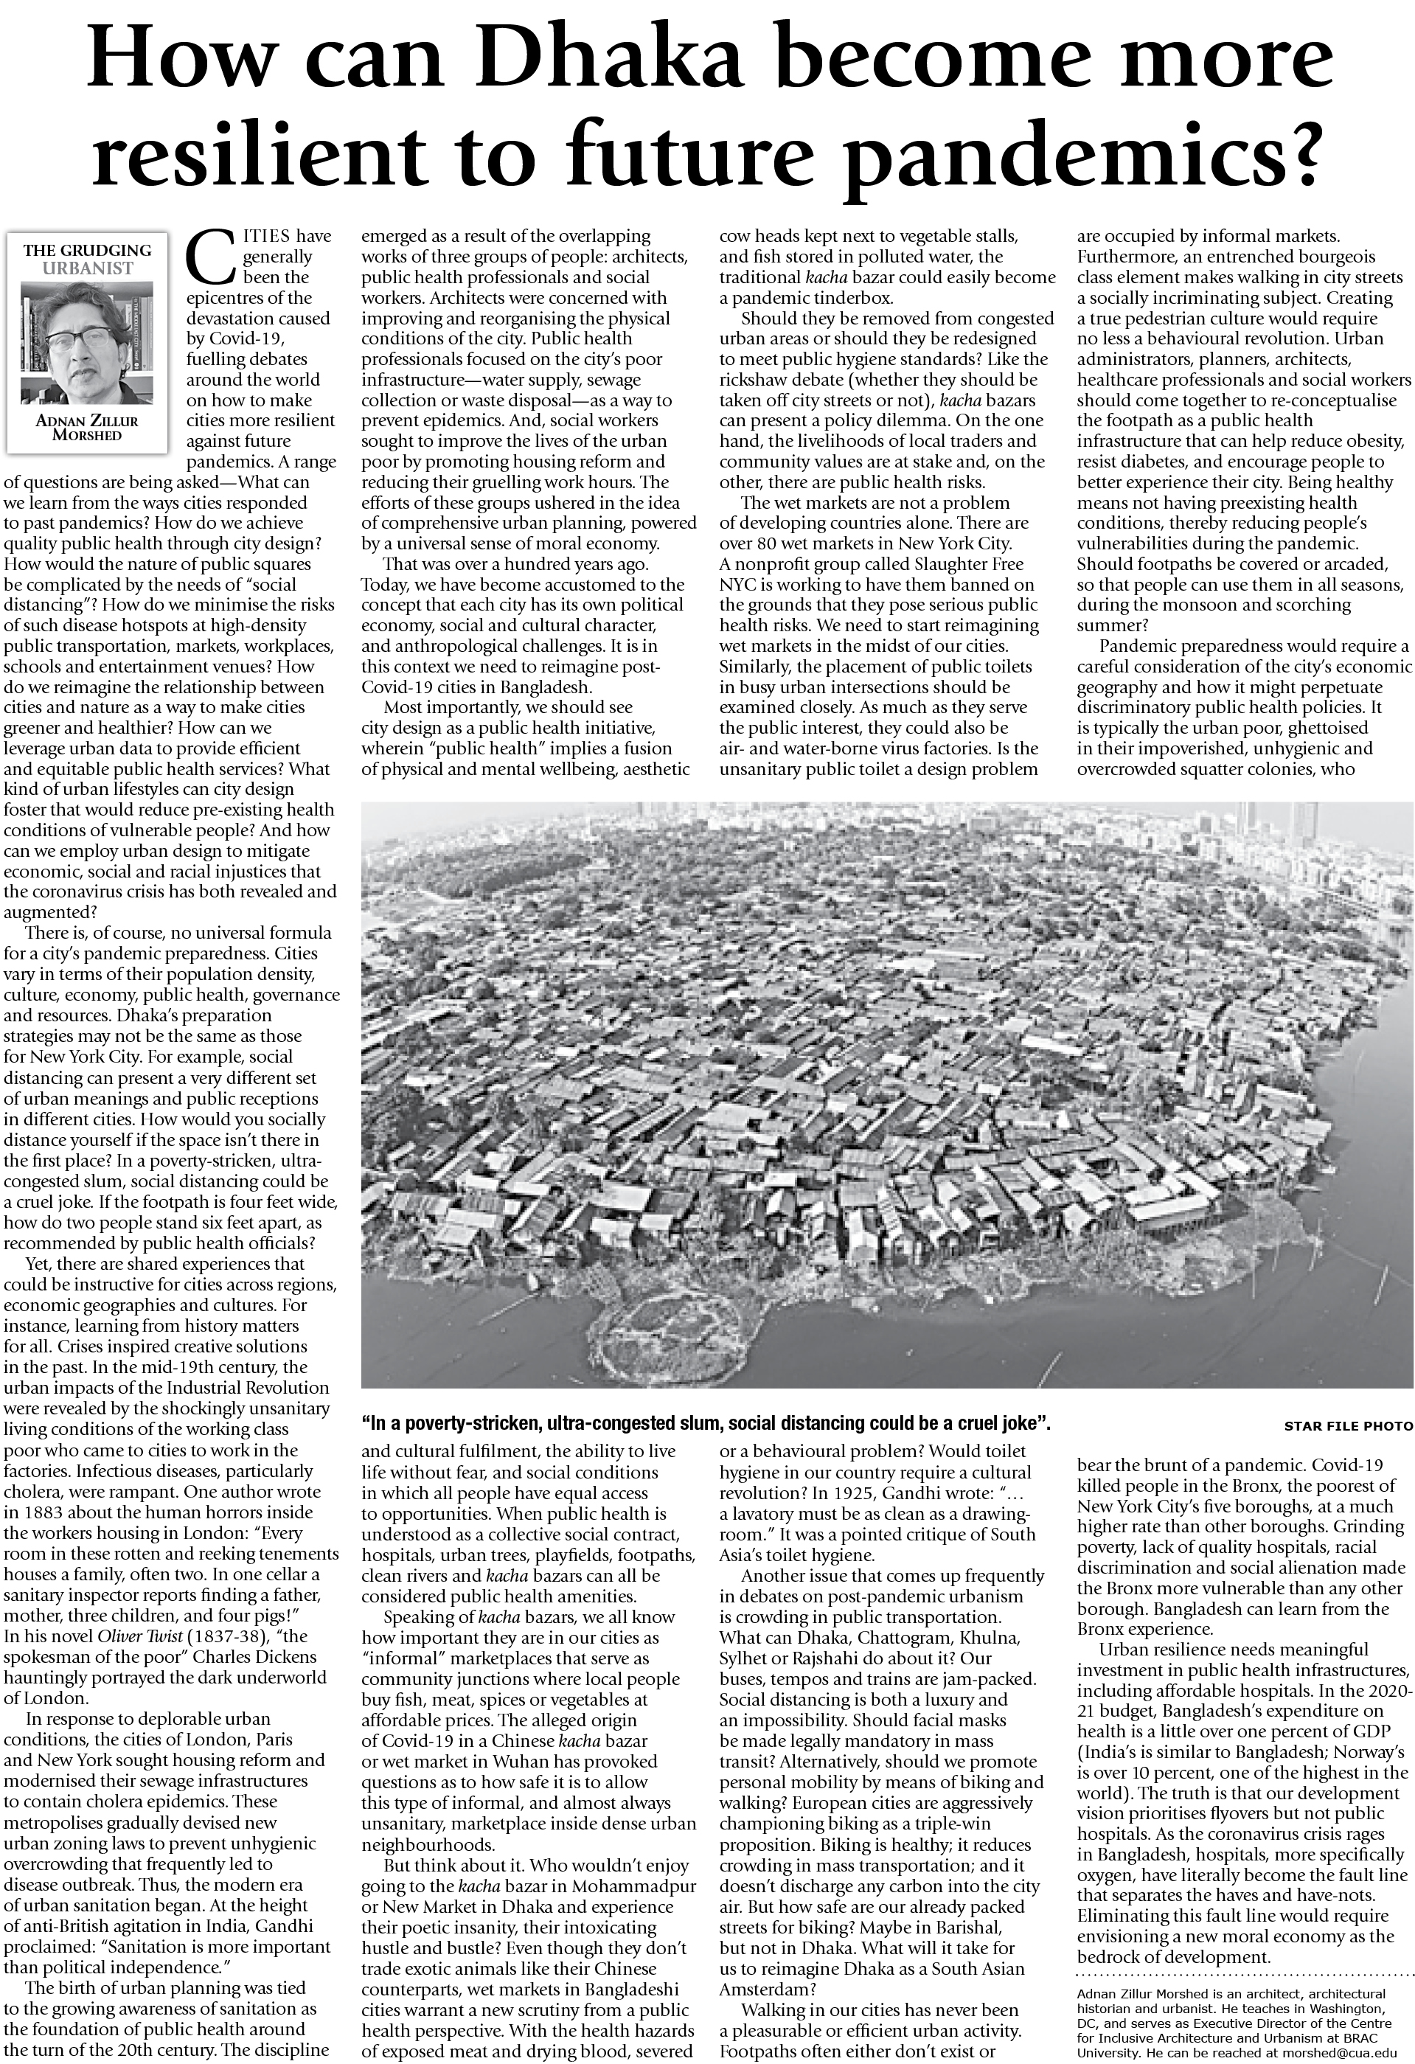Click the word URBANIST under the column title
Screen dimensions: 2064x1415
point(87,268)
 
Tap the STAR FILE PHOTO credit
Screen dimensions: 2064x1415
point(1347,1426)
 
